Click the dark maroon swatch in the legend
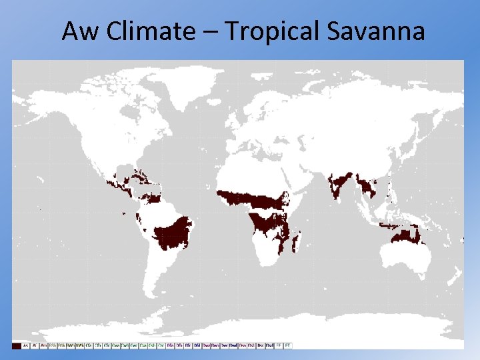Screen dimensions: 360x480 point(16,345)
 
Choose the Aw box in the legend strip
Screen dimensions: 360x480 point(25,345)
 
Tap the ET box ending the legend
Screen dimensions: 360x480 point(288,345)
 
